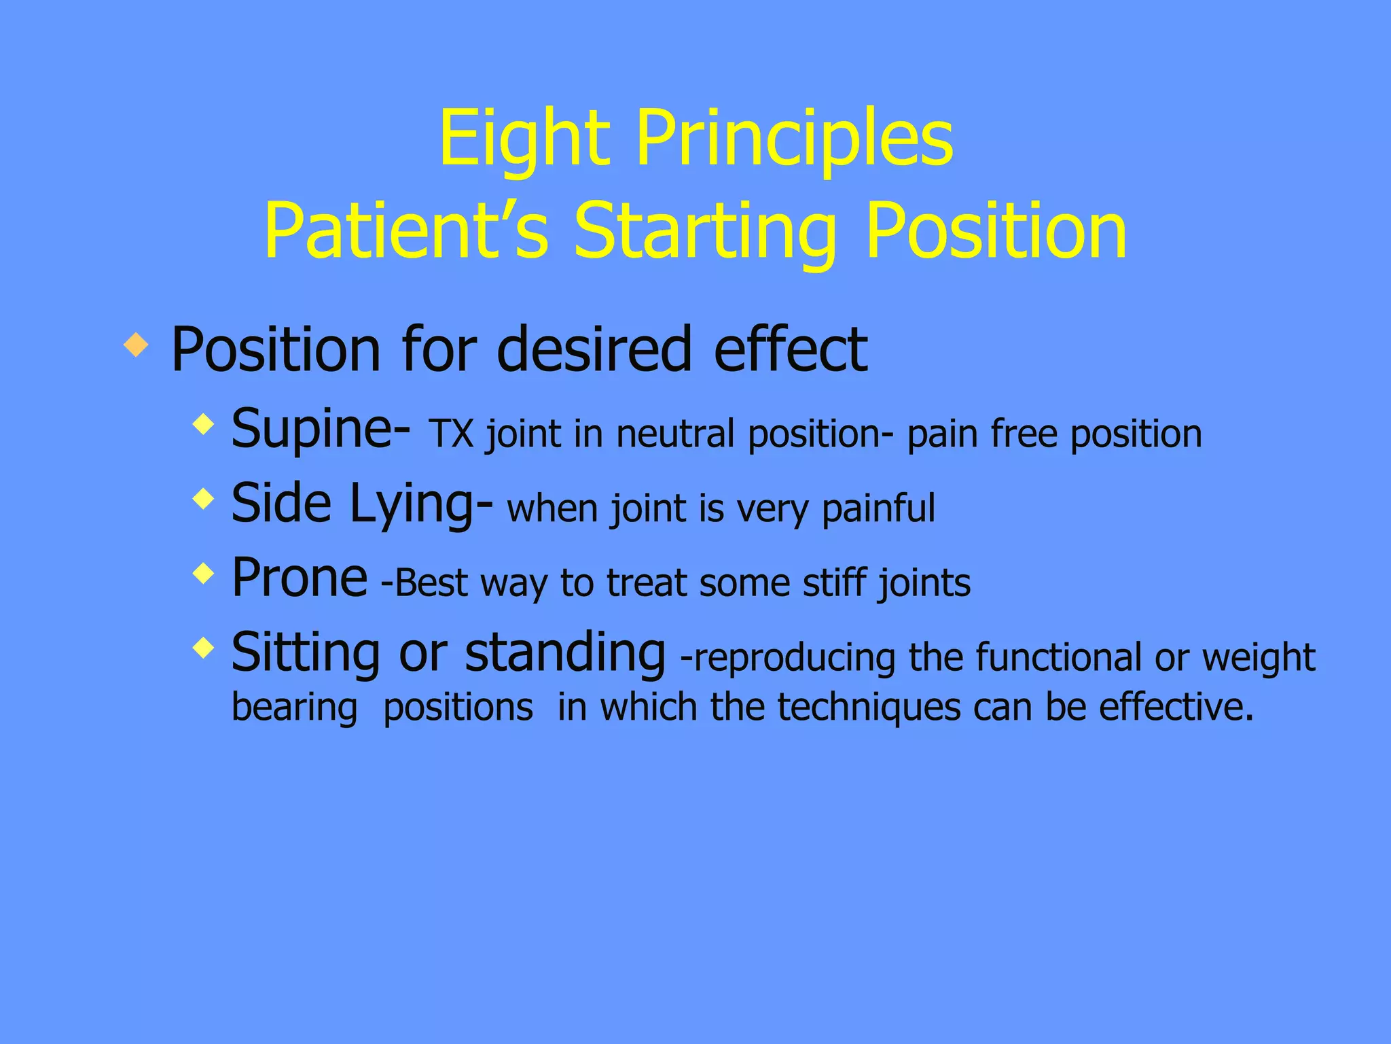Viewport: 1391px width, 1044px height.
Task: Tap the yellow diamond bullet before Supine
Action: click(x=203, y=425)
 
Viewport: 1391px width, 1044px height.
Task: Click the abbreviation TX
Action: click(x=451, y=435)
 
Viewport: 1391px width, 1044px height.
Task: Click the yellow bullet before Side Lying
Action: click(x=203, y=500)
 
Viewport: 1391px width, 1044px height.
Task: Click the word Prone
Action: click(x=300, y=578)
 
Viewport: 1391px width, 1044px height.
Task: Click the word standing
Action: click(x=564, y=652)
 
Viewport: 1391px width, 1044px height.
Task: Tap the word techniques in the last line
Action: click(x=869, y=707)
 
